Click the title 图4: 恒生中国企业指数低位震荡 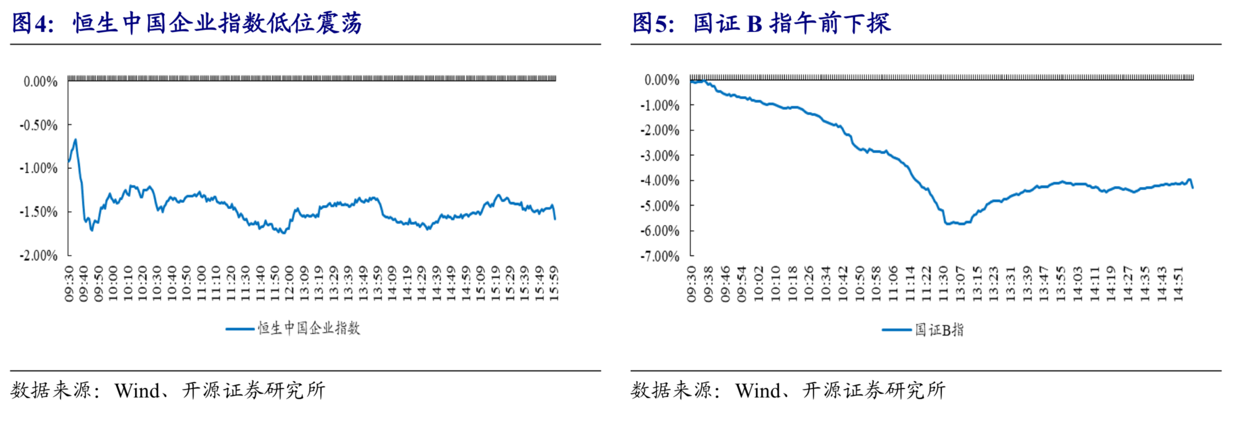click(187, 24)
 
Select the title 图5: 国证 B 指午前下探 click(761, 24)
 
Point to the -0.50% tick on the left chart click(39, 125)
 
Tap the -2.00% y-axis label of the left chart click(39, 256)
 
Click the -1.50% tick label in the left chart click(39, 212)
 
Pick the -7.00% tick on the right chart click(659, 256)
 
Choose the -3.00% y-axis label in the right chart click(659, 156)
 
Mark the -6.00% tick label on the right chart click(659, 231)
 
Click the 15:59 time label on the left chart click(554, 284)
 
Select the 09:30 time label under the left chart click(69, 284)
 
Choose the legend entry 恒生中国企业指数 click(309, 329)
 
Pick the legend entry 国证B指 click(939, 330)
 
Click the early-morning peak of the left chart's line click(76, 139)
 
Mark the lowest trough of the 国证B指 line click(947, 224)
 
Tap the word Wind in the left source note click(137, 391)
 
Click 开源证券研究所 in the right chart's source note click(874, 391)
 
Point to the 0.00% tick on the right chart click(662, 80)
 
